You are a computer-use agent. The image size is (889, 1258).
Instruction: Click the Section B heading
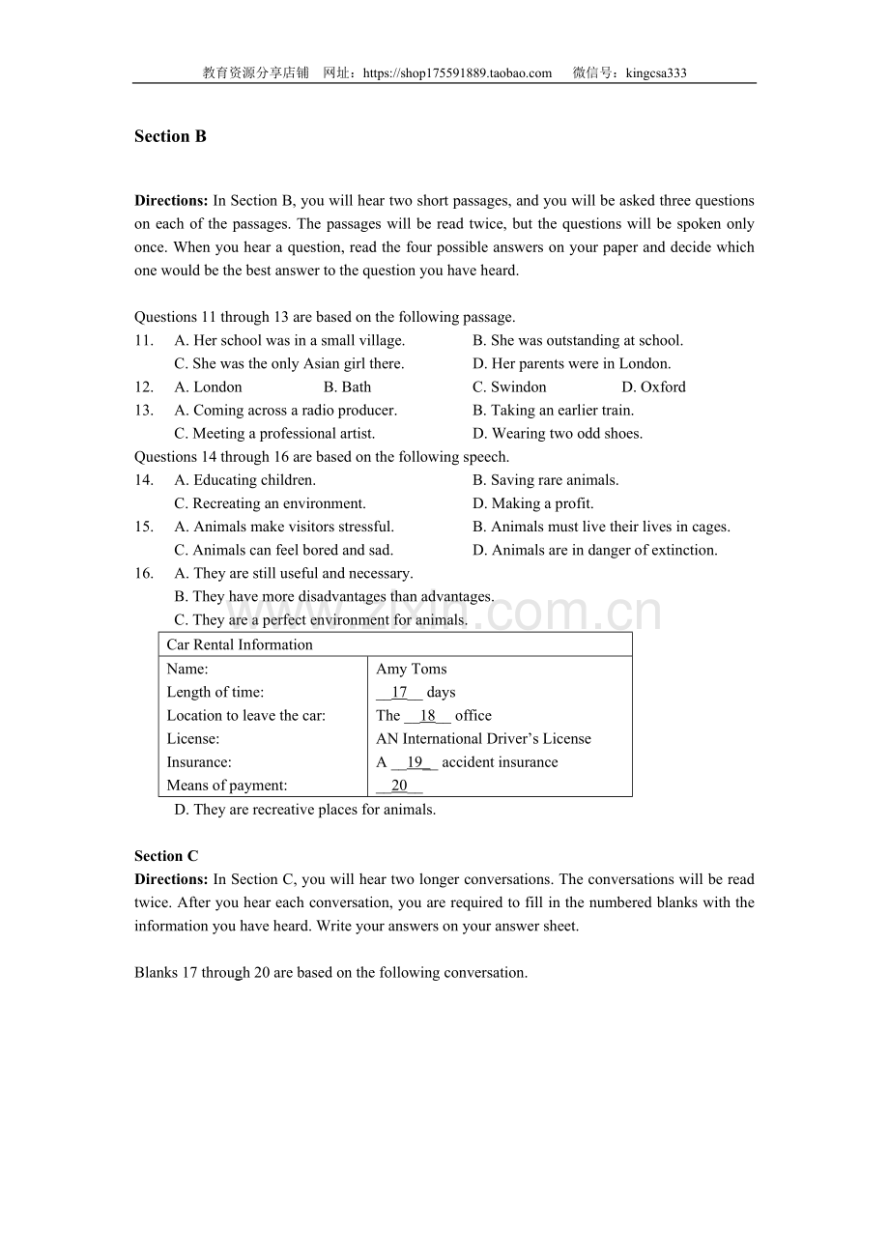pyautogui.click(x=170, y=136)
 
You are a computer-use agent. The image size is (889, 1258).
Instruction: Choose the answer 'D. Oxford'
pyautogui.click(x=653, y=387)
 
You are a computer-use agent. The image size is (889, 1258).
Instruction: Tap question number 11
pyautogui.click(x=144, y=341)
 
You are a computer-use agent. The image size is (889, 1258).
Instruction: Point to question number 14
pyautogui.click(x=144, y=480)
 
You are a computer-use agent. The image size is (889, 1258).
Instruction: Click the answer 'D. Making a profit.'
pyautogui.click(x=533, y=503)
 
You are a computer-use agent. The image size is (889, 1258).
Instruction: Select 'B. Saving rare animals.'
pyautogui.click(x=545, y=480)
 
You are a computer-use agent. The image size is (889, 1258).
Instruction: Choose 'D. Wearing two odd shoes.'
pyautogui.click(x=558, y=434)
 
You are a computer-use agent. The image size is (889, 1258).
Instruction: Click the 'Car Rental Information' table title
pyautogui.click(x=240, y=644)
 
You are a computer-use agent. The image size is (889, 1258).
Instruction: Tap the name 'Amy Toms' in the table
pyautogui.click(x=411, y=669)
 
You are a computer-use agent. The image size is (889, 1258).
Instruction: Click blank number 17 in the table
pyautogui.click(x=399, y=693)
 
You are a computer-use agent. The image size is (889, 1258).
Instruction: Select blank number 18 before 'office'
pyautogui.click(x=427, y=716)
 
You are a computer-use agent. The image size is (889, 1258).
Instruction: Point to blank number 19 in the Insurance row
pyautogui.click(x=415, y=762)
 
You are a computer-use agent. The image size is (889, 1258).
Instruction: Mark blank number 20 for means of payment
pyautogui.click(x=399, y=786)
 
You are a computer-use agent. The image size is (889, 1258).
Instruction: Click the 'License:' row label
pyautogui.click(x=193, y=739)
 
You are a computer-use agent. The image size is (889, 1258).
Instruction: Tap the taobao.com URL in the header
pyautogui.click(x=457, y=72)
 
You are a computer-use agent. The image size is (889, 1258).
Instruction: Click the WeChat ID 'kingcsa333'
pyautogui.click(x=656, y=72)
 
